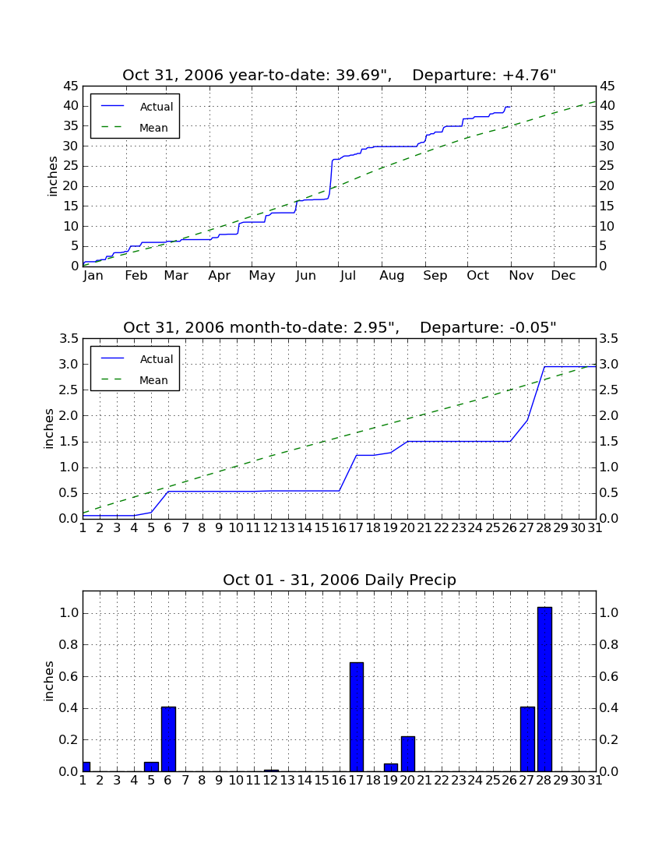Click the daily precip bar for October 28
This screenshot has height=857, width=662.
click(x=544, y=689)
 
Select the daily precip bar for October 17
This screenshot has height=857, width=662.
click(x=357, y=717)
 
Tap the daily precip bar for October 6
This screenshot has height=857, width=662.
click(x=169, y=739)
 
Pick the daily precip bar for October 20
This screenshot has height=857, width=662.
click(x=408, y=754)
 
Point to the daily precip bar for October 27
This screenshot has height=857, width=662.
click(x=527, y=739)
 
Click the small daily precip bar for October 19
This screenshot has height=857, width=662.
click(x=391, y=767)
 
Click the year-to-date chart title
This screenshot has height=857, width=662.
click(x=340, y=75)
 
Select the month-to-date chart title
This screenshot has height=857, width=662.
click(x=340, y=327)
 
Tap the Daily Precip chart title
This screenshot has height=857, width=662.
click(x=340, y=580)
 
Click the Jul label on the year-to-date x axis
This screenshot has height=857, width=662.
click(x=348, y=276)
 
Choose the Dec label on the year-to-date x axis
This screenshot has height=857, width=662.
click(x=563, y=276)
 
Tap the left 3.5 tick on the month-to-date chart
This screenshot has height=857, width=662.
click(x=69, y=339)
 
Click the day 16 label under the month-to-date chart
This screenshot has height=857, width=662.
click(x=340, y=528)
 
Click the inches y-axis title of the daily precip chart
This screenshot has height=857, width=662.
click(x=49, y=681)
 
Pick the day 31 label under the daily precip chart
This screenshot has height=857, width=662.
click(x=595, y=781)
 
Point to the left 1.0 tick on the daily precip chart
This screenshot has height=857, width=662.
click(x=69, y=613)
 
